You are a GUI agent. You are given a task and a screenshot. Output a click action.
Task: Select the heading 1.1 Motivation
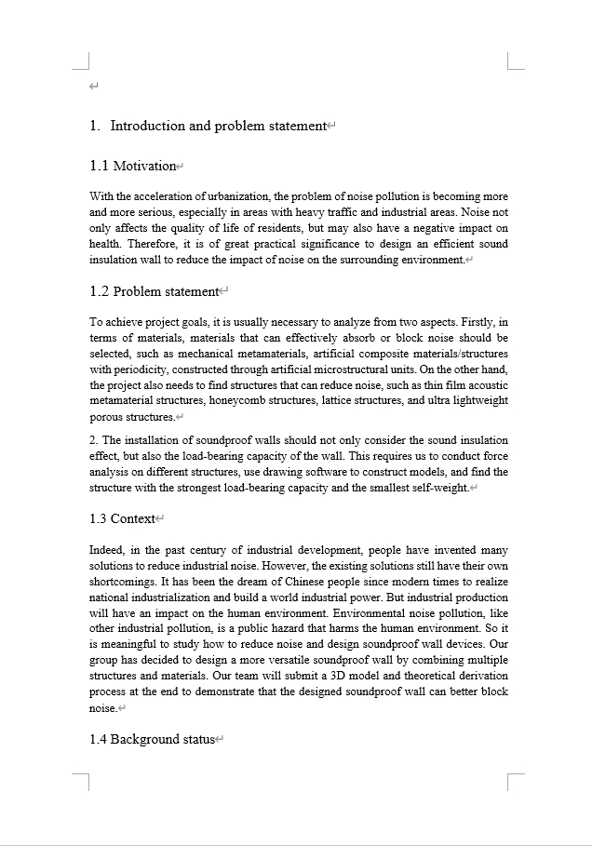[x=133, y=166]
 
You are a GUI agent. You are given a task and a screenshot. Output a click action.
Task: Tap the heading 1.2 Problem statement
[x=154, y=291]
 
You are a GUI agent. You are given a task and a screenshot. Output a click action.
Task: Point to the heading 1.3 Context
[x=122, y=518]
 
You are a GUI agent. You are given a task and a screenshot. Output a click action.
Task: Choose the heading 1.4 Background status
[x=152, y=739]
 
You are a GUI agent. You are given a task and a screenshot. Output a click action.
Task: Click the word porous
[x=105, y=417]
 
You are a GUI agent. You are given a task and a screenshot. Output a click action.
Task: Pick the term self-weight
[x=441, y=487]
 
